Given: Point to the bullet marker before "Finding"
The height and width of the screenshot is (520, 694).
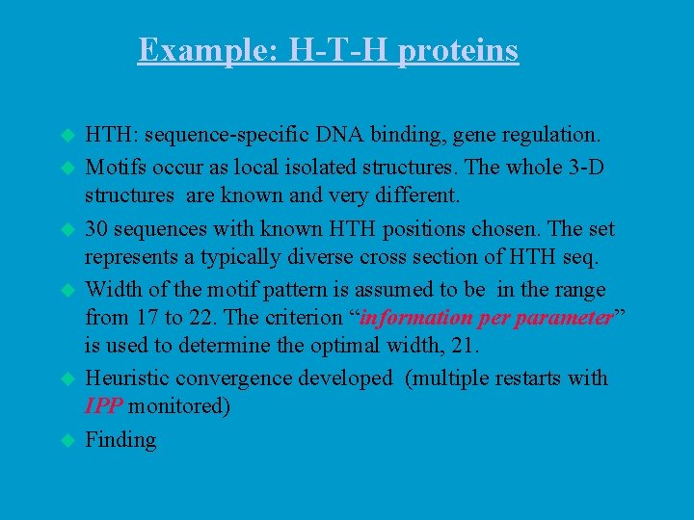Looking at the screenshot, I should [67, 440].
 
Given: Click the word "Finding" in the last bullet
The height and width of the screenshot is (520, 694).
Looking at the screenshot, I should [120, 440].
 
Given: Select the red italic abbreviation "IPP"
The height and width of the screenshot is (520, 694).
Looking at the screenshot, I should [104, 405].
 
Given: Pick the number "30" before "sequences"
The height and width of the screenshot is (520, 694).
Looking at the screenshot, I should [97, 230].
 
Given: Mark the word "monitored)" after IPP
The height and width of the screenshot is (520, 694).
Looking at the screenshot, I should [179, 405].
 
